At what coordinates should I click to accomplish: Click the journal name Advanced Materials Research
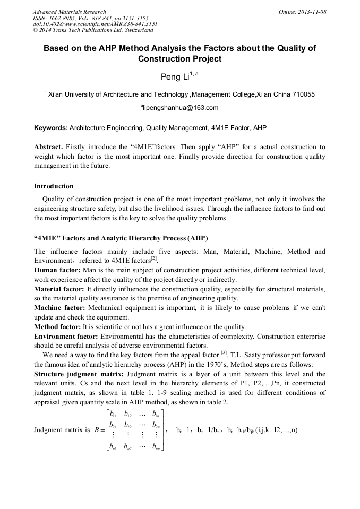coord(69,12)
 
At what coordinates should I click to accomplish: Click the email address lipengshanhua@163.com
coord(181,108)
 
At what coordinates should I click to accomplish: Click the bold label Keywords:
coord(50,128)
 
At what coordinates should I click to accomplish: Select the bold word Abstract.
coord(48,147)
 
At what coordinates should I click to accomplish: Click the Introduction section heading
coord(54,186)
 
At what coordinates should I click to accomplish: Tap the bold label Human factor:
coord(57,270)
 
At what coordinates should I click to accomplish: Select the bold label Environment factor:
coord(66,337)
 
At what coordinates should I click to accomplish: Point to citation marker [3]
coord(224,354)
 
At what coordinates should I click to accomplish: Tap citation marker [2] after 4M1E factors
coord(154,259)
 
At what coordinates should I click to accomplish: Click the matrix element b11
coord(113,413)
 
